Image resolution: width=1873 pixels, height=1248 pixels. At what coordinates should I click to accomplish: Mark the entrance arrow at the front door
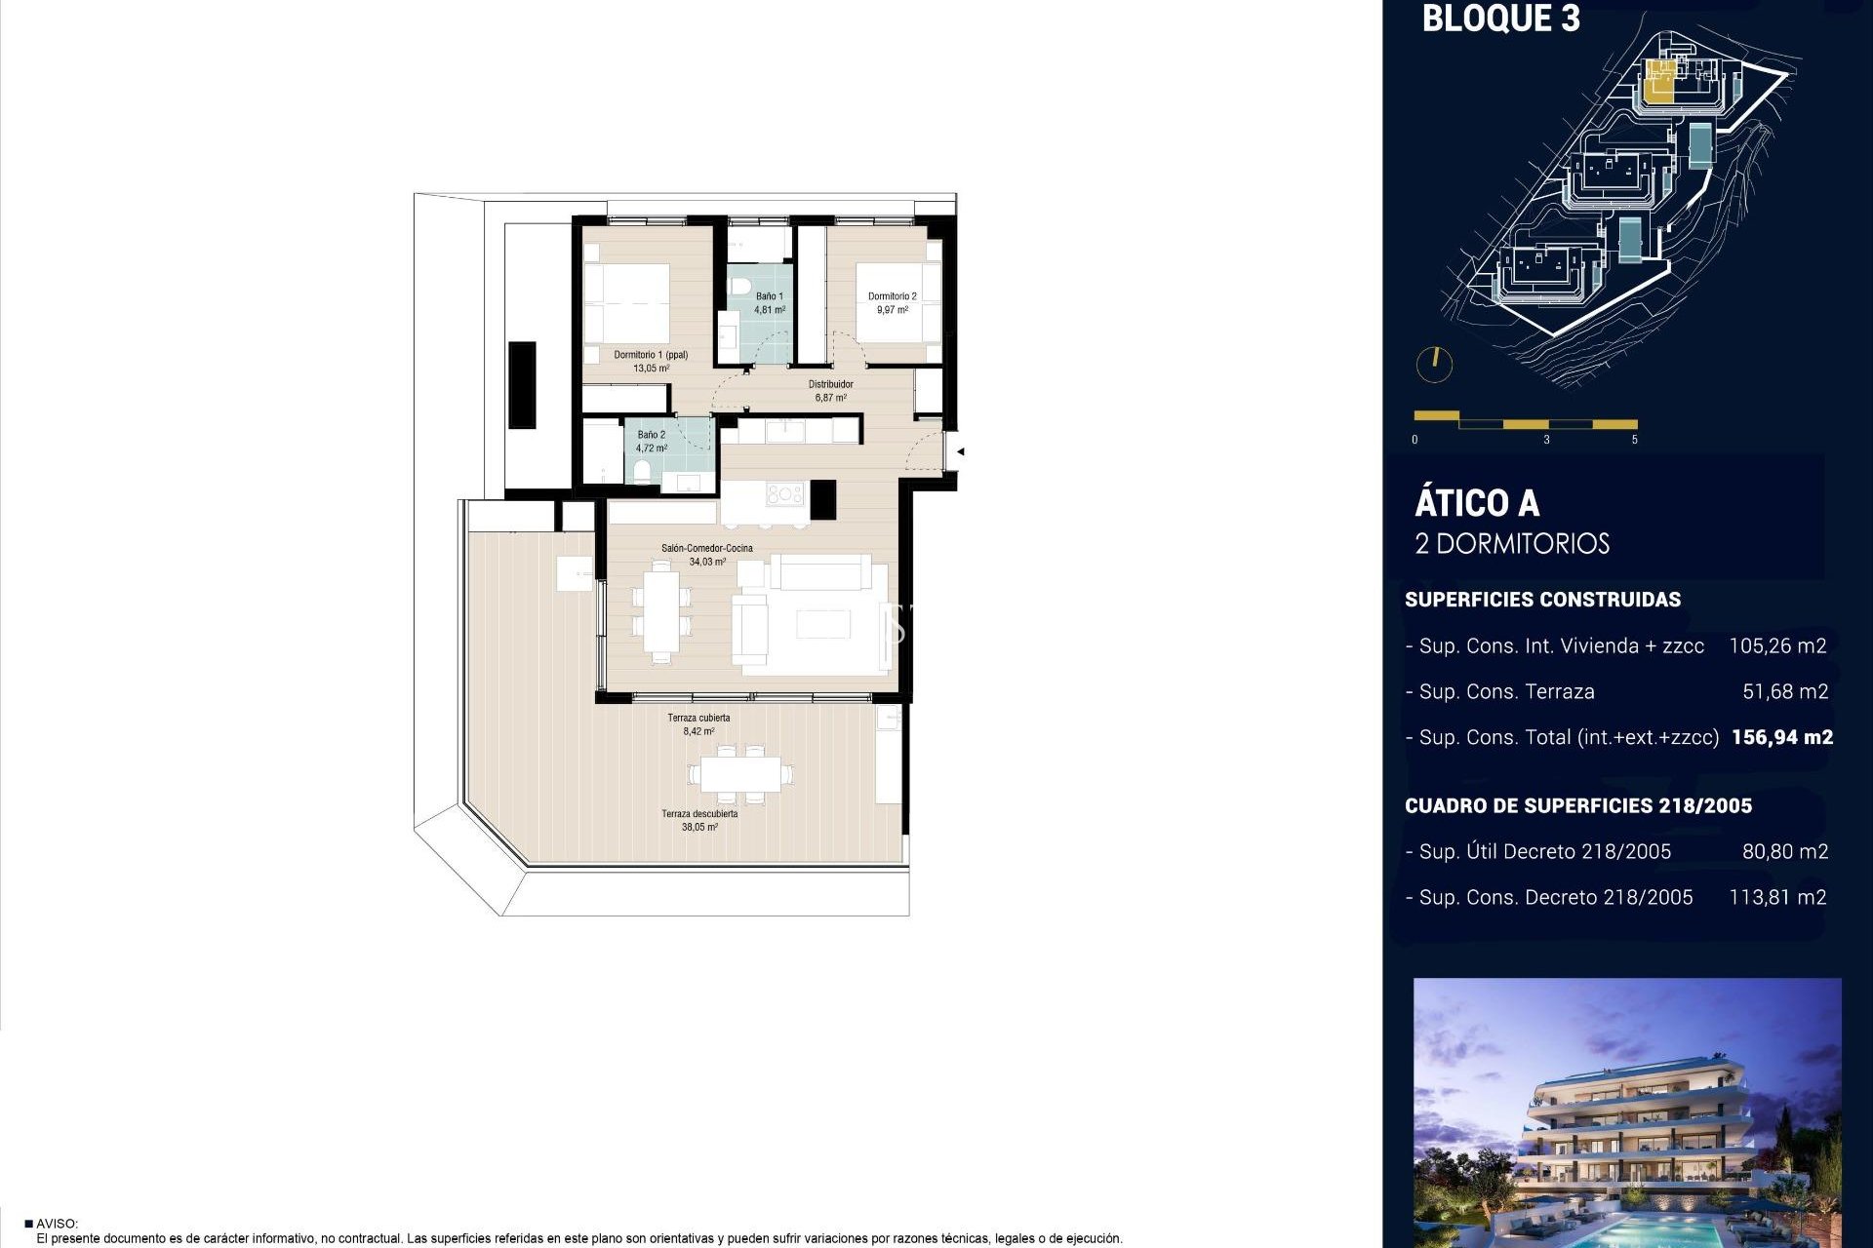pos(961,451)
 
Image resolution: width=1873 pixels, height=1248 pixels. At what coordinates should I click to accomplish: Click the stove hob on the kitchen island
pos(783,494)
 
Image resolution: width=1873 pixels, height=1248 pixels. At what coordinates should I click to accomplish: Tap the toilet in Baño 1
pos(739,288)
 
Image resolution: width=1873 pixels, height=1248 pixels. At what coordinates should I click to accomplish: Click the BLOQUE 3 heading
pos(1500,19)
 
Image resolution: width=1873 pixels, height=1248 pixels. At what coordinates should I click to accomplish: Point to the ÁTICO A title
pos(1477,504)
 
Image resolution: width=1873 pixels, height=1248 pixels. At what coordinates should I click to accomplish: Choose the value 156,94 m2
pos(1781,738)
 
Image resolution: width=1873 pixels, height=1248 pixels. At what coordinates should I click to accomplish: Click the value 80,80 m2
pos(1784,852)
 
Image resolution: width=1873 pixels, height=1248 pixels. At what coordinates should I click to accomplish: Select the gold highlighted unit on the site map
pos(1658,83)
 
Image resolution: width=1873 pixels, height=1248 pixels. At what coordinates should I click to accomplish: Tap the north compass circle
pos(1434,365)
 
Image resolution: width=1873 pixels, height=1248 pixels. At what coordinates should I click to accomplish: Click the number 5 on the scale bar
pos(1634,440)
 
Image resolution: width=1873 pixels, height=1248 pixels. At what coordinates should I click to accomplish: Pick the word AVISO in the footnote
pos(57,1224)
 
